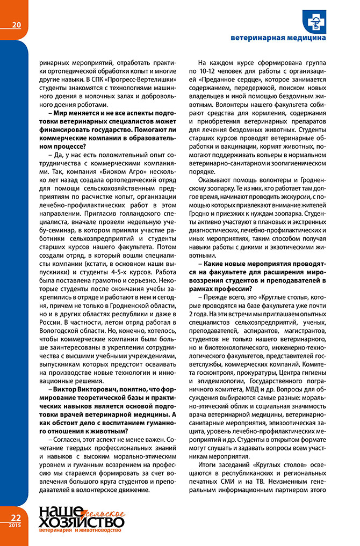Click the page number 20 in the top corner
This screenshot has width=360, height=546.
click(16, 24)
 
